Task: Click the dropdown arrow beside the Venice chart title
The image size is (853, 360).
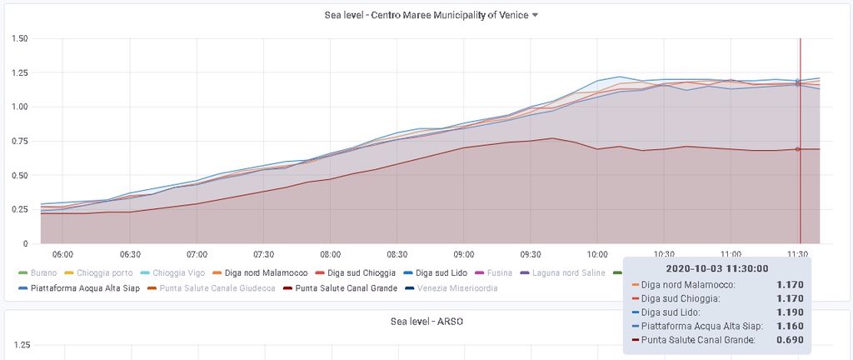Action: [x=535, y=15]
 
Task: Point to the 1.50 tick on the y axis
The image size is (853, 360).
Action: [x=20, y=38]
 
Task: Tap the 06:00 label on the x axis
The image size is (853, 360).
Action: [x=62, y=253]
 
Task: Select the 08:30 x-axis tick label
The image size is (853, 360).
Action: [x=397, y=253]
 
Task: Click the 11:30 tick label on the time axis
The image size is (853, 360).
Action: [x=799, y=253]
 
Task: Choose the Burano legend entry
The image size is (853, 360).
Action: [x=39, y=272]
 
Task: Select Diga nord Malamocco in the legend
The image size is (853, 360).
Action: [x=264, y=272]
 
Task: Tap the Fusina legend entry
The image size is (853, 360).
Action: [x=496, y=272]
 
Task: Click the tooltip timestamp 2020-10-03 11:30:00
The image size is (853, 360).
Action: [x=717, y=268]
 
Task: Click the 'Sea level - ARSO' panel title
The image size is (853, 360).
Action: [x=426, y=322]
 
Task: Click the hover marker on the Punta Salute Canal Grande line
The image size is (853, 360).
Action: [x=798, y=149]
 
